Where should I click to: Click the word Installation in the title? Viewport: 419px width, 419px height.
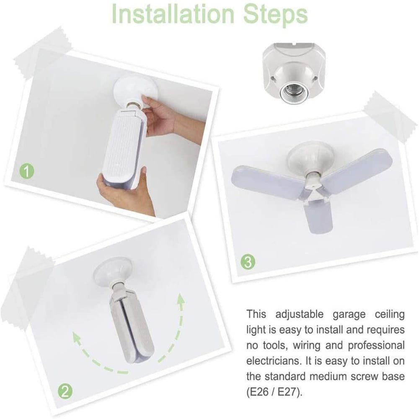[173, 14]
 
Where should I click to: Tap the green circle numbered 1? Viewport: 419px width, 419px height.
[27, 171]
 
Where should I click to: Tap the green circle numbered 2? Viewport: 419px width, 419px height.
[65, 392]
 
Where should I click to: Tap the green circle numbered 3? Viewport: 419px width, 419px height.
[248, 262]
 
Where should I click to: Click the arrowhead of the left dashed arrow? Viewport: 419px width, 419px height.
[77, 337]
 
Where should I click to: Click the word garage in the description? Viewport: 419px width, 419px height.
[349, 314]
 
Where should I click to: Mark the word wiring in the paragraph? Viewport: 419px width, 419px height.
[306, 346]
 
